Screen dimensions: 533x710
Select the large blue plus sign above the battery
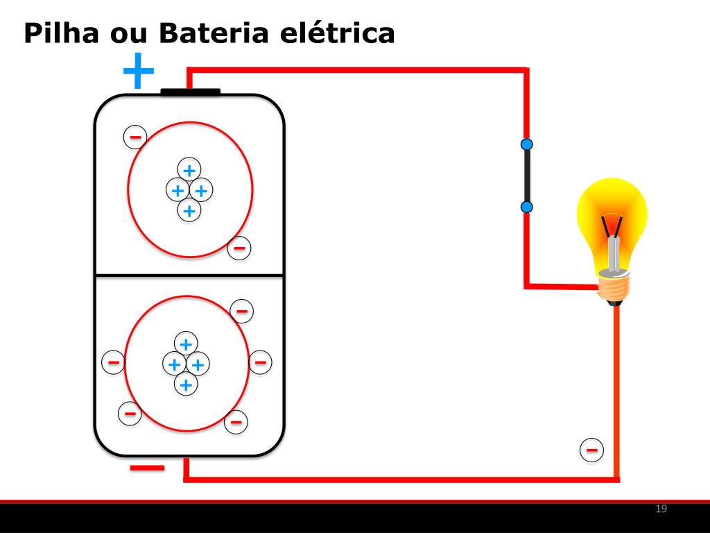tap(138, 71)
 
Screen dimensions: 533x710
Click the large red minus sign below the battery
tap(148, 468)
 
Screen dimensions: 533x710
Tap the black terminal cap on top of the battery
tap(190, 92)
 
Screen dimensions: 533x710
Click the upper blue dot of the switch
tap(527, 144)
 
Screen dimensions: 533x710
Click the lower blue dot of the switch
tap(527, 207)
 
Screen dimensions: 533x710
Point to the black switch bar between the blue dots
tap(527, 176)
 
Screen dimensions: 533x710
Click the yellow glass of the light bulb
tap(612, 208)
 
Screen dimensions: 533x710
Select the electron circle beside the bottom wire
tap(591, 450)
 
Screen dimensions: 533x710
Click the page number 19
tap(661, 509)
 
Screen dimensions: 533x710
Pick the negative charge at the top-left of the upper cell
tap(135, 137)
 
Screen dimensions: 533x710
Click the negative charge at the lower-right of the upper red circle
tap(239, 247)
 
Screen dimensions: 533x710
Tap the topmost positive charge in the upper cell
tap(189, 169)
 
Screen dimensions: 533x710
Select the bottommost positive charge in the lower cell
tap(185, 384)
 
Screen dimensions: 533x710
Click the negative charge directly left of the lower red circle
tap(114, 362)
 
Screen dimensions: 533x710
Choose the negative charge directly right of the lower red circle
tap(260, 361)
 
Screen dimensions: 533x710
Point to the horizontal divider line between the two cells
tap(189, 276)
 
